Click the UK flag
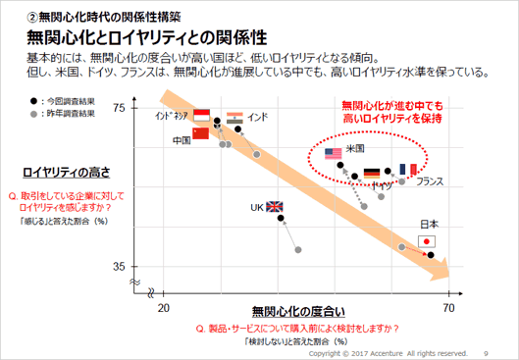click(x=274, y=207)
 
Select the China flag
click(x=201, y=133)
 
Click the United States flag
click(x=333, y=153)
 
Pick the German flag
click(x=372, y=173)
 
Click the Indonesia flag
click(x=203, y=115)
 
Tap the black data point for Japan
click(x=430, y=255)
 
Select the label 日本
click(x=429, y=224)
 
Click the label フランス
click(x=430, y=182)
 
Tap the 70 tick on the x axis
click(x=450, y=308)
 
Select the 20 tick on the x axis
click(x=166, y=308)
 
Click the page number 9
click(x=487, y=352)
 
